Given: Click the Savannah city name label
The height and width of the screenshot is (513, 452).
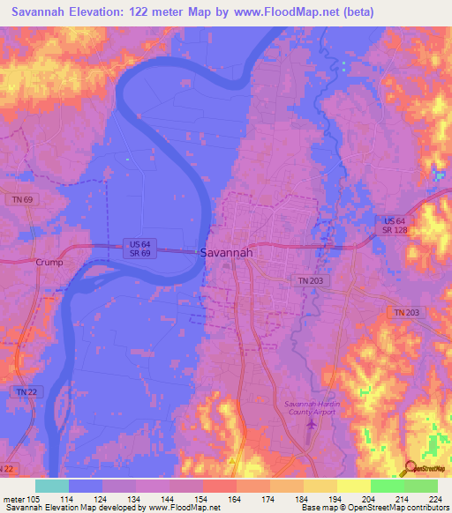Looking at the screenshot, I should [x=228, y=252].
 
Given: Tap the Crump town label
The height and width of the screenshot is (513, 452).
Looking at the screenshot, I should [x=50, y=263].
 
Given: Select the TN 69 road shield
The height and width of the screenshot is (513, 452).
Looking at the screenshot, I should [x=23, y=201].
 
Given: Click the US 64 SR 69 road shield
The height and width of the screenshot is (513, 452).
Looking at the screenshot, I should [x=139, y=248].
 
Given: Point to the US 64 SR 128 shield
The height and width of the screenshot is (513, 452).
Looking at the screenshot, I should [x=395, y=225].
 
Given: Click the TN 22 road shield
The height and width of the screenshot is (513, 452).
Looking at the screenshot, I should [x=24, y=390].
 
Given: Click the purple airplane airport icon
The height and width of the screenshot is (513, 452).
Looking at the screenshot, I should [x=310, y=426].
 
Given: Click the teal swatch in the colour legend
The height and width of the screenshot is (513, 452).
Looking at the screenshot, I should [x=51, y=486].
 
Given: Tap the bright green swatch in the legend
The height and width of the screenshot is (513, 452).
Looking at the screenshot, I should [x=387, y=486].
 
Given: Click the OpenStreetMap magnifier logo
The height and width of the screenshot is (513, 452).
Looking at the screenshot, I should [x=411, y=469].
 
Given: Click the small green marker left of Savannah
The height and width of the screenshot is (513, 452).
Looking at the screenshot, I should [x=197, y=252].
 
